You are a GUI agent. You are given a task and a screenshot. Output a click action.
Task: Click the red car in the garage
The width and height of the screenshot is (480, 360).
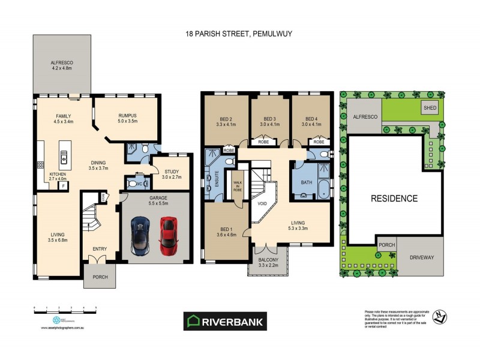point(169,234)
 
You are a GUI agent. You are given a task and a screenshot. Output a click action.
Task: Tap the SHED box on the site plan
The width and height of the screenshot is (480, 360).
point(430,108)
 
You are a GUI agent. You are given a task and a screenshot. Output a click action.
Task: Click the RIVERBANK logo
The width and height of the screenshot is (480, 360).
point(224,321)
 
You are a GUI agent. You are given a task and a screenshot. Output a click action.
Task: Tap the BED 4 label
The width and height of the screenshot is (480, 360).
point(313,122)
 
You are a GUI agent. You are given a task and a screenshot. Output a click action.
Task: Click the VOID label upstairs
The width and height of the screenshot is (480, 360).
point(262,203)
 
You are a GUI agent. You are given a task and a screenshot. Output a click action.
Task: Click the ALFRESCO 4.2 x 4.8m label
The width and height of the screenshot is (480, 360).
point(61,65)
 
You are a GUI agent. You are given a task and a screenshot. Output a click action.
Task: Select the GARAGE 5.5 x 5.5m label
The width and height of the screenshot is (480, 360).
point(155,200)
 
